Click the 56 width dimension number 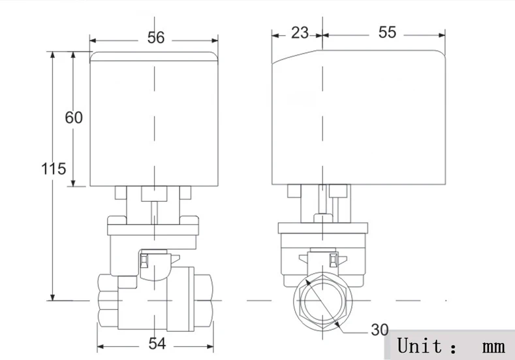pyautogui.click(x=156, y=37)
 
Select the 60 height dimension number pyautogui.click(x=74, y=118)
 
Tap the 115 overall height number pyautogui.click(x=54, y=169)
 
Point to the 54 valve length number pyautogui.click(x=157, y=344)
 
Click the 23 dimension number pyautogui.click(x=300, y=33)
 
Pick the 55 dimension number pyautogui.click(x=387, y=32)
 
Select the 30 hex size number pyautogui.click(x=380, y=330)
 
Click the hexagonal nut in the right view pyautogui.click(x=323, y=301)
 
